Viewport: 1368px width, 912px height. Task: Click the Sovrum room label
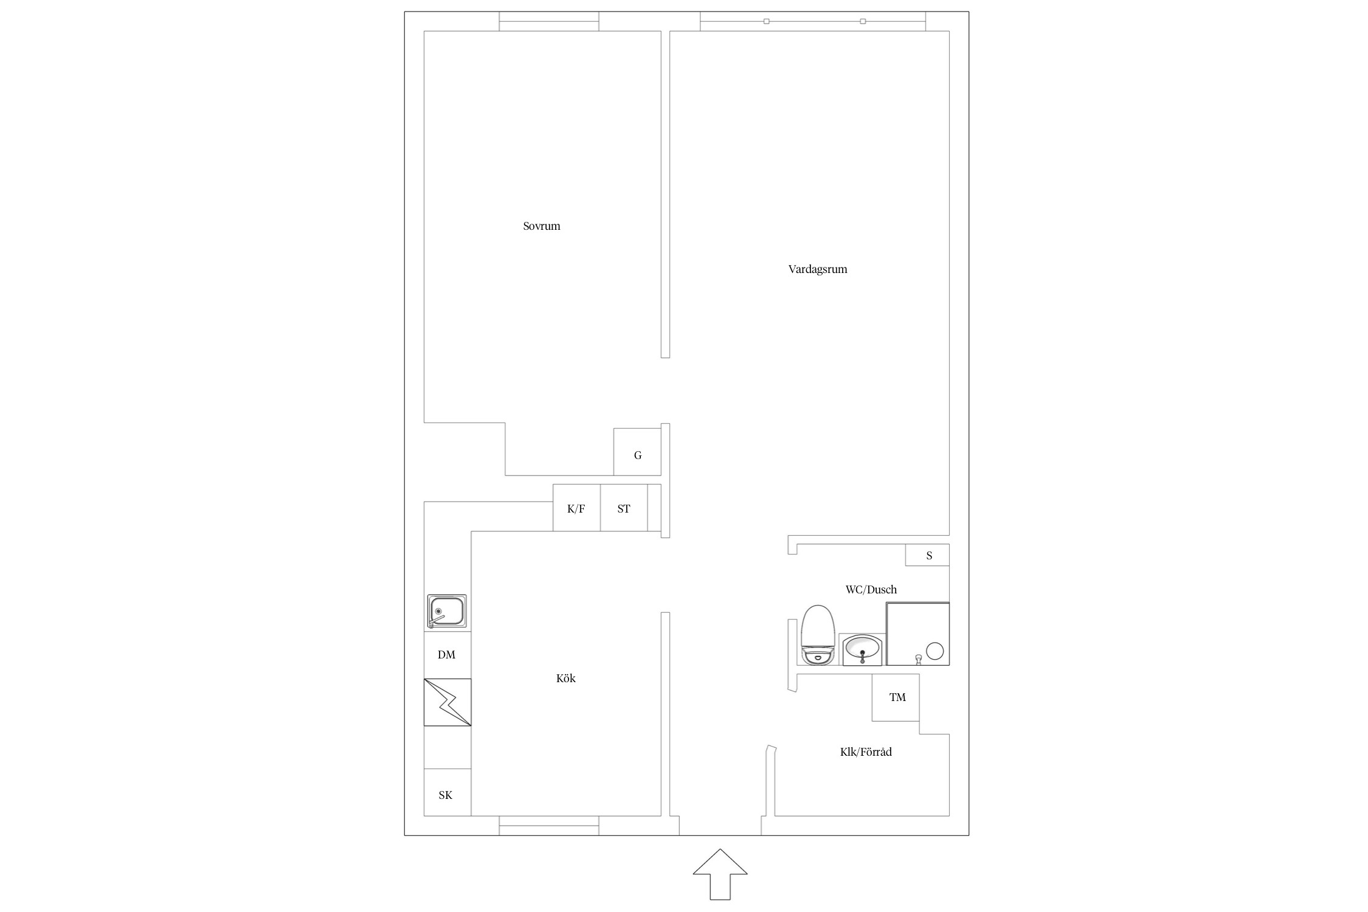click(x=541, y=226)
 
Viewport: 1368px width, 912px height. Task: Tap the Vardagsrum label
click(x=817, y=269)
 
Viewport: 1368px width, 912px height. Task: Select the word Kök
click(x=565, y=678)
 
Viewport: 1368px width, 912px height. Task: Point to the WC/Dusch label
click(x=871, y=589)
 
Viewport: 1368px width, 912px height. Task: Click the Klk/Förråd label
click(x=866, y=752)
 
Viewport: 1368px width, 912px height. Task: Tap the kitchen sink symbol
click(x=447, y=611)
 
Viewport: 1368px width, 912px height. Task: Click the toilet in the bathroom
click(x=817, y=635)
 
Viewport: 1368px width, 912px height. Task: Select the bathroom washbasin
click(x=862, y=649)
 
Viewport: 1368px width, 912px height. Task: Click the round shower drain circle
click(x=934, y=651)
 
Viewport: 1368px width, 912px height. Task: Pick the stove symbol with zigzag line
click(x=447, y=702)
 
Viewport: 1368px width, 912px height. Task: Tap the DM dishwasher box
click(x=447, y=655)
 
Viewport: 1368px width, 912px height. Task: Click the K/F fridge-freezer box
click(x=576, y=508)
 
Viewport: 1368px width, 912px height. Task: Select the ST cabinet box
click(x=624, y=508)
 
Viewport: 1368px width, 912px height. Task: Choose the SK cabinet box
click(x=447, y=792)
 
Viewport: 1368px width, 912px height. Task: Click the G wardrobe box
click(x=637, y=452)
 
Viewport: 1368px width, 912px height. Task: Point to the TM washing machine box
click(x=896, y=697)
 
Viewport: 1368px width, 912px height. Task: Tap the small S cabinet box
click(x=927, y=554)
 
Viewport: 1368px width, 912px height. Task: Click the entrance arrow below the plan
click(x=720, y=874)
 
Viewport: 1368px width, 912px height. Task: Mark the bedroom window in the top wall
click(x=549, y=21)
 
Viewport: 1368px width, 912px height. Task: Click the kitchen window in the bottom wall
click(x=549, y=826)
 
